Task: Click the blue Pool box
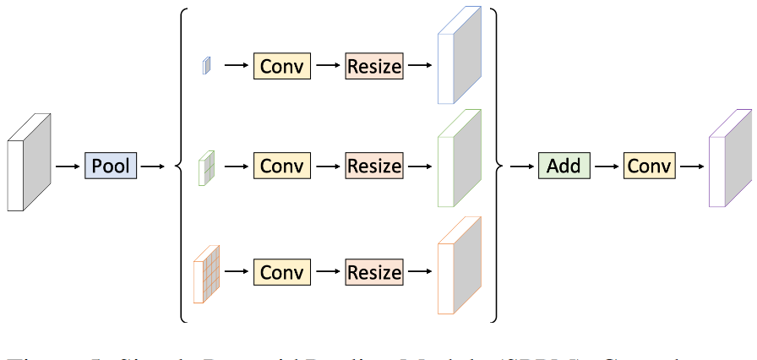point(111,166)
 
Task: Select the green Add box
point(564,166)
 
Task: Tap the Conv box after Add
point(650,166)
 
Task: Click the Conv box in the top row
point(282,66)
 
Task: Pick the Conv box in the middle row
point(282,166)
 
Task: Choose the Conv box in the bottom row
point(282,273)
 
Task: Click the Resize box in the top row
point(374,66)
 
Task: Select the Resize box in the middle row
point(374,166)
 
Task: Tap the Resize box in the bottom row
point(374,273)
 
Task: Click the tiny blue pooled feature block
point(205,65)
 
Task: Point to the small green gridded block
point(206,167)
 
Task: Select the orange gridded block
point(207,273)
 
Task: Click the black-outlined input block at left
point(28,162)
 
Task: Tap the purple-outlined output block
point(729,160)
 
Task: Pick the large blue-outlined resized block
point(459,57)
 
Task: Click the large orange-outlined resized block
point(459,265)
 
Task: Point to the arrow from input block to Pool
point(67,166)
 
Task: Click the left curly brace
point(180,166)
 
